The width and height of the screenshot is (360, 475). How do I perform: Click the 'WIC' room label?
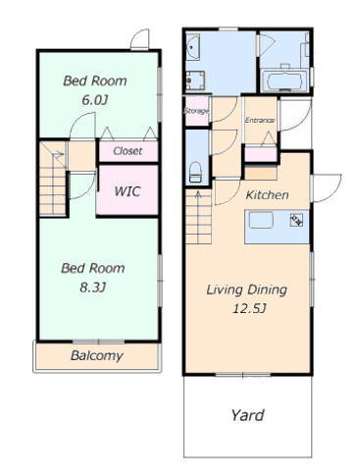coord(128,191)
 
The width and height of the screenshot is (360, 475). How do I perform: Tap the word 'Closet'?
coord(128,151)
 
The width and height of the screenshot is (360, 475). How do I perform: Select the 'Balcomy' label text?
coord(97,356)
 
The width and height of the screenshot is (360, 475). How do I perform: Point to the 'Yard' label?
coord(247,415)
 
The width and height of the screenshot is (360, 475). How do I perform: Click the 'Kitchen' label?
coord(267,195)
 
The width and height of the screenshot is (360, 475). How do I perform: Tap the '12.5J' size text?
coord(249,309)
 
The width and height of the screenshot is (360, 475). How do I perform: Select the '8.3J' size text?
coord(93,288)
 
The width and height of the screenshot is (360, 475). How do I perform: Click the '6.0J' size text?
coord(95,100)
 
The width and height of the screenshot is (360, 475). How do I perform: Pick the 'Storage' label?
coord(196,111)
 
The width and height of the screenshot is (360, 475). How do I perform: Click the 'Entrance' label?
coord(260,121)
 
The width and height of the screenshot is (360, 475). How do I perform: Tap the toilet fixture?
coord(196,173)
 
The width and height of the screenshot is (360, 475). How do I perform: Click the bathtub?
coord(285,80)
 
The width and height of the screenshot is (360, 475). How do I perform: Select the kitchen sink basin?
coord(261,220)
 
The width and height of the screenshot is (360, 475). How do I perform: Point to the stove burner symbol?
coord(296,220)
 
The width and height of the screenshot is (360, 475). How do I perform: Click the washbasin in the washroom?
coord(193,48)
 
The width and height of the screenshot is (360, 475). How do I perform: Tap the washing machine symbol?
coord(195,80)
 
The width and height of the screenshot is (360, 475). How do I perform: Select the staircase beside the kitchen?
coord(198,217)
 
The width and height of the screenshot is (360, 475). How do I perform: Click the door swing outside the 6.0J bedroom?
coord(140,39)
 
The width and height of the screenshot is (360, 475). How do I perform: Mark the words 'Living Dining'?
coord(246,290)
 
